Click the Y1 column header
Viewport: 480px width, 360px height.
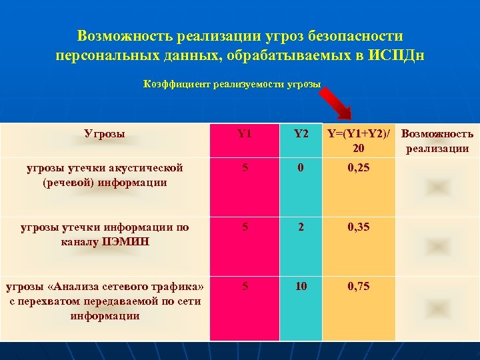click(x=245, y=133)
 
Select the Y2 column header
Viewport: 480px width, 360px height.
click(x=301, y=133)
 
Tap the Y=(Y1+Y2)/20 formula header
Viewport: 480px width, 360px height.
click(x=359, y=141)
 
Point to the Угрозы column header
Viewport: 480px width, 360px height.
click(x=105, y=133)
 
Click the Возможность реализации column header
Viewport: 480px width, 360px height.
click(x=437, y=141)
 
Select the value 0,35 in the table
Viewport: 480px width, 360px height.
click(x=359, y=227)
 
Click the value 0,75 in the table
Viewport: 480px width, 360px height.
click(x=359, y=286)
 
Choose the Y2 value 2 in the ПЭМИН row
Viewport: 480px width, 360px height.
click(x=301, y=227)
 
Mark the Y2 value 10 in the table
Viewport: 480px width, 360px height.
click(x=301, y=286)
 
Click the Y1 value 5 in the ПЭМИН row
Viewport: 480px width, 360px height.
click(x=245, y=227)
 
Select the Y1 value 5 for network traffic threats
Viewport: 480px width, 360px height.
click(x=245, y=286)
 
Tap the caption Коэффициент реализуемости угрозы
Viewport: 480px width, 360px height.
click(x=232, y=84)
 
